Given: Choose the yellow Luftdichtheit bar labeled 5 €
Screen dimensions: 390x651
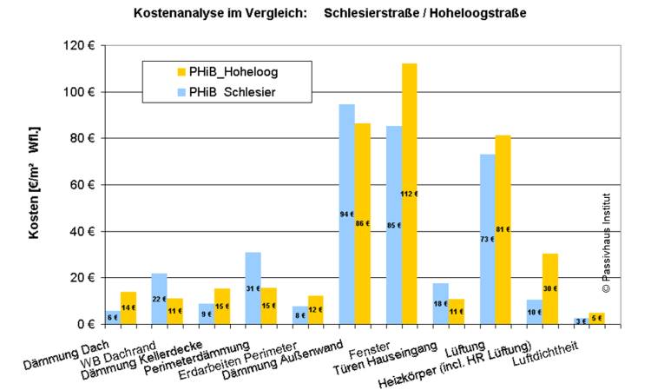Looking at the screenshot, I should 596,318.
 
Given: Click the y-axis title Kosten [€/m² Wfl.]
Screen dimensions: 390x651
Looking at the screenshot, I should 35,183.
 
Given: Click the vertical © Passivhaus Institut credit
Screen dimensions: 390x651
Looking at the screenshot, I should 606,242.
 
